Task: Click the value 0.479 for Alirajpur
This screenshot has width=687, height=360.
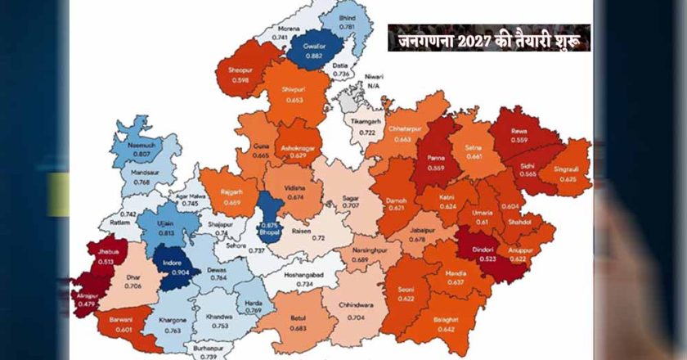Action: coord(85,304)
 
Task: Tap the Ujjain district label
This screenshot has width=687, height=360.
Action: coord(165,227)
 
